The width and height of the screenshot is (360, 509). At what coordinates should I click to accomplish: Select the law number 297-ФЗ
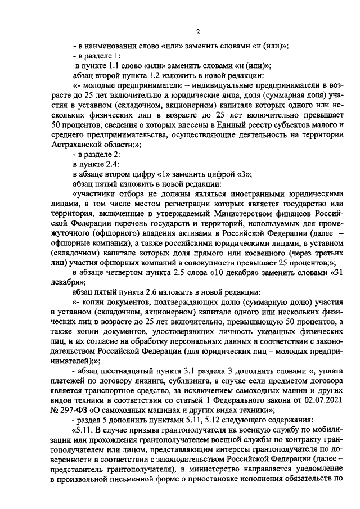tap(77, 408)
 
